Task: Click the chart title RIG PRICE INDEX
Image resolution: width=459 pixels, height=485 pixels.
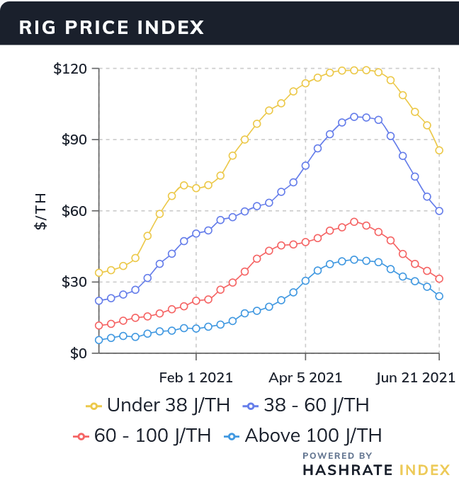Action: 111,28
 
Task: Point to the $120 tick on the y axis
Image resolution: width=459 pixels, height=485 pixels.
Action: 70,69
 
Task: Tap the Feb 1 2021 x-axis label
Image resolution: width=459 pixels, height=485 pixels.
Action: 196,377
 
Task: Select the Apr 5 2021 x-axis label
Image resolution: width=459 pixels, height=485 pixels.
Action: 305,377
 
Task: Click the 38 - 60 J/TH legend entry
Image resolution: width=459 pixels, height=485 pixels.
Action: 316,406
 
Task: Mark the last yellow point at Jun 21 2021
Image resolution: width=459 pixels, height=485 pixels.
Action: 439,150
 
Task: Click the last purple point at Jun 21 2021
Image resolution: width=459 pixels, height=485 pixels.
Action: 439,211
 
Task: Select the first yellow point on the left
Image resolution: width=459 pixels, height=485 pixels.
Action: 99,273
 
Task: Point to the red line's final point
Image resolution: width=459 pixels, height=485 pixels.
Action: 439,279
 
